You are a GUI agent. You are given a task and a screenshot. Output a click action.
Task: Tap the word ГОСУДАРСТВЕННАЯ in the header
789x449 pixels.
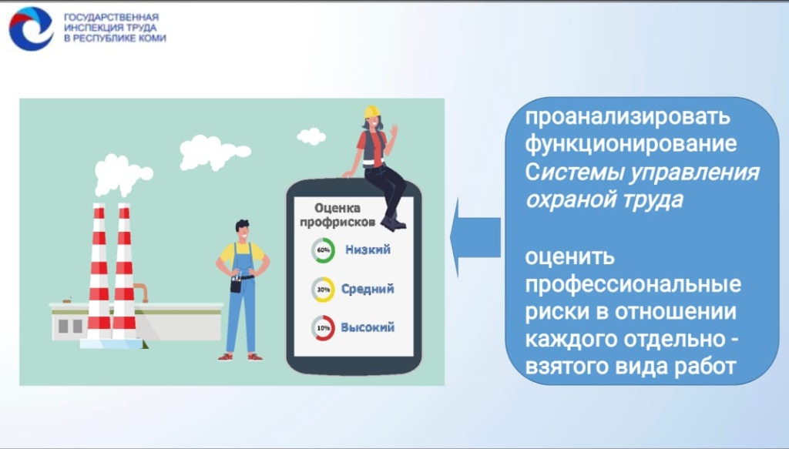(x=111, y=16)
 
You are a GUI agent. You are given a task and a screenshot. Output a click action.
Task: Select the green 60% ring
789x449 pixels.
(x=323, y=250)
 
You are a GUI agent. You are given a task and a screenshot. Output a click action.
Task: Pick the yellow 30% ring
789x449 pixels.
(x=323, y=290)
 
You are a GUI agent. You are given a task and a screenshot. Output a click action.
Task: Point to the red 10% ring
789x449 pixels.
(x=323, y=328)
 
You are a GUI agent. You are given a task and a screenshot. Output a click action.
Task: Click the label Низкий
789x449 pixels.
(x=368, y=250)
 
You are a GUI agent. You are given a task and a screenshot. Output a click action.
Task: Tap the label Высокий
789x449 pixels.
(x=368, y=327)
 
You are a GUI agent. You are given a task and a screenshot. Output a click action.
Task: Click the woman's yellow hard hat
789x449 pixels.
(x=371, y=112)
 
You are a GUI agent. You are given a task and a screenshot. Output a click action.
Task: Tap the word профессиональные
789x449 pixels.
(x=633, y=284)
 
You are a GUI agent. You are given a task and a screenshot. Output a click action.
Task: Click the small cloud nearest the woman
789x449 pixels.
(x=311, y=136)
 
